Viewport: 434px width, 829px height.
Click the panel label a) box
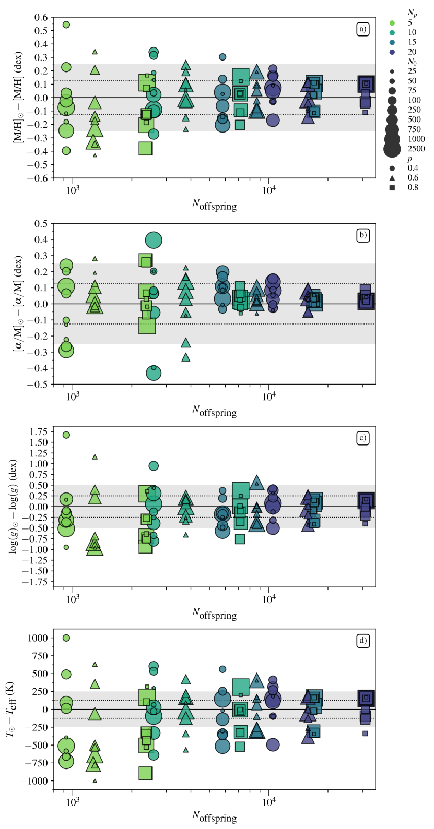(362, 29)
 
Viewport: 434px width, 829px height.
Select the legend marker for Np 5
(392, 23)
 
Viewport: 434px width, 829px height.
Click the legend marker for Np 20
(392, 52)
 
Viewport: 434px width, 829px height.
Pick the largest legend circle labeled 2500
(392, 149)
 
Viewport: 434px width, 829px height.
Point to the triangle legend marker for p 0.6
(392, 178)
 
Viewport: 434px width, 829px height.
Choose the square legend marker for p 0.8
(392, 187)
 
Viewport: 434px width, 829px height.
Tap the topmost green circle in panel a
(66, 25)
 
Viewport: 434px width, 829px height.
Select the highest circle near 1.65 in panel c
(66, 435)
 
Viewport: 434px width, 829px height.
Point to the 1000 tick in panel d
(37, 638)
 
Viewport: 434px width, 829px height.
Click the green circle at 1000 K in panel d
(66, 638)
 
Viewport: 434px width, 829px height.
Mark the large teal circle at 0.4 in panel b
(154, 241)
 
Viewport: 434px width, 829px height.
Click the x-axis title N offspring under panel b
(214, 411)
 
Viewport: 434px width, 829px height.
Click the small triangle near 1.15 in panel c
(95, 456)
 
